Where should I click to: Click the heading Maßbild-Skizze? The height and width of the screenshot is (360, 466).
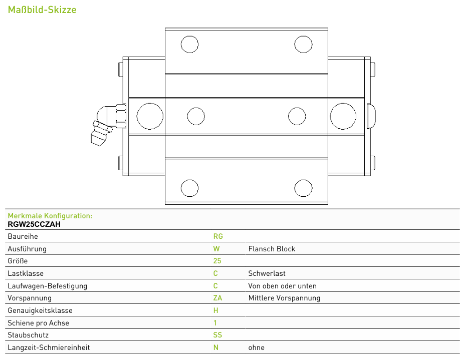(x=42, y=10)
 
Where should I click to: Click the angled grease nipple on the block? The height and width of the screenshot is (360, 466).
(x=108, y=125)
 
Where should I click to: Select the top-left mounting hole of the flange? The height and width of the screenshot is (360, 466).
(x=189, y=45)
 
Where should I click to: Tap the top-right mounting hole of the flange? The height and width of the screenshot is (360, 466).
(x=303, y=45)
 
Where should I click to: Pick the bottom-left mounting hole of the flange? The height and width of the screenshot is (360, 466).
(x=189, y=188)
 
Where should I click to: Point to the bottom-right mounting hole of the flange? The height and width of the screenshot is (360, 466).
(x=303, y=188)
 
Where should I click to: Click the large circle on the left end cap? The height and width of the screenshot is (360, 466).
(x=150, y=116)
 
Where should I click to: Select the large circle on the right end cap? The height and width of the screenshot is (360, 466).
(x=343, y=116)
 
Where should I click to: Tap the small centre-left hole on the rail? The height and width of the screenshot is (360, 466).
(x=196, y=116)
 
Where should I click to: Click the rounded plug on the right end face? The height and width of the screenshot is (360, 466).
(x=371, y=116)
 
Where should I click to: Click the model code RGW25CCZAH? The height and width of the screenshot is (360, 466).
(x=34, y=224)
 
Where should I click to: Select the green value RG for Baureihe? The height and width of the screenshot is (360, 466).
(x=218, y=236)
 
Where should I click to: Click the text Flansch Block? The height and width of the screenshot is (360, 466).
(x=272, y=249)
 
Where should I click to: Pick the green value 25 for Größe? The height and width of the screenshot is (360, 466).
(x=217, y=261)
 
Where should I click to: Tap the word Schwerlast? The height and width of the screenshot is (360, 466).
(x=267, y=273)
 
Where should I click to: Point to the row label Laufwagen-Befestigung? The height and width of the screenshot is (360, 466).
(x=48, y=286)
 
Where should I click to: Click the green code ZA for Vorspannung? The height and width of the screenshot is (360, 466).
(x=217, y=298)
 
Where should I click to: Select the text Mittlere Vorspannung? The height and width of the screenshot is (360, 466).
(x=284, y=298)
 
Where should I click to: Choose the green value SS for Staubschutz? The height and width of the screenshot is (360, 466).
(x=217, y=335)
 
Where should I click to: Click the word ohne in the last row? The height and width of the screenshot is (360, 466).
(x=256, y=347)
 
